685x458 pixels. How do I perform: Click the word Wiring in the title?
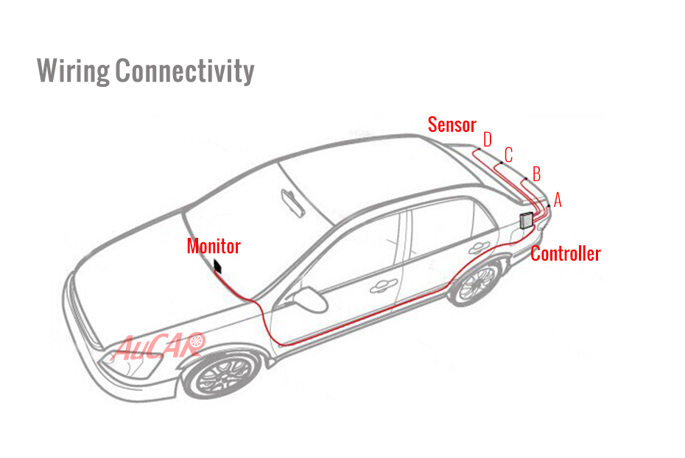(73, 71)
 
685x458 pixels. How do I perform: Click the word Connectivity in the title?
(184, 71)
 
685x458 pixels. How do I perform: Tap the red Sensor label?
(452, 125)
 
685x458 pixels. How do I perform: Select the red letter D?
(488, 140)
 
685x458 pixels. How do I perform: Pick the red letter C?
(508, 155)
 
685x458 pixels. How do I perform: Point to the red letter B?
(537, 174)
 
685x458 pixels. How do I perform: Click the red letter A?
(558, 200)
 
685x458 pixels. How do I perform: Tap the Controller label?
(566, 254)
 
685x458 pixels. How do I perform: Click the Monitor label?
(214, 246)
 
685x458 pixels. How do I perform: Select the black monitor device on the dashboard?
(217, 267)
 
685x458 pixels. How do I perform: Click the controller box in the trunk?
(527, 220)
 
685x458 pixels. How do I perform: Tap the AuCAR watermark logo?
(158, 346)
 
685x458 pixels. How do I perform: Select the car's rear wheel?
(475, 281)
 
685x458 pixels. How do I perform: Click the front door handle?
(383, 286)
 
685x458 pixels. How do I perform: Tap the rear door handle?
(478, 247)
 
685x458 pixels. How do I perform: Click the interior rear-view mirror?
(292, 202)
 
